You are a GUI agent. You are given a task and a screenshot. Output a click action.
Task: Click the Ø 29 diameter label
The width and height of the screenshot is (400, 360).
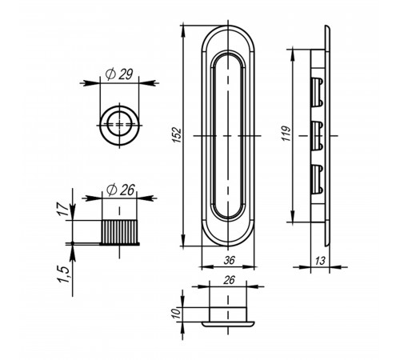coord(119,74)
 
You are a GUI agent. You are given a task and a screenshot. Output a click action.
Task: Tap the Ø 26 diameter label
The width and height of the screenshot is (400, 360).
coord(121,190)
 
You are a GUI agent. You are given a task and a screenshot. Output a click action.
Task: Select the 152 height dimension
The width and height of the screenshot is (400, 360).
coord(177,135)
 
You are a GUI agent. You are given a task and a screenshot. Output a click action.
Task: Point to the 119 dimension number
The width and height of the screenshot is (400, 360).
coord(286,133)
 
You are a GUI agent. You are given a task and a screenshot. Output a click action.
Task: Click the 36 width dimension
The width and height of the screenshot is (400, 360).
coord(230,260)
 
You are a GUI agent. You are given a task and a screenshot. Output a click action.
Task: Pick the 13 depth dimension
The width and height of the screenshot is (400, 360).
coord(320,261)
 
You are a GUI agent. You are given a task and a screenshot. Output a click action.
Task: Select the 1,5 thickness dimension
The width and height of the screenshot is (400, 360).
coord(63,274)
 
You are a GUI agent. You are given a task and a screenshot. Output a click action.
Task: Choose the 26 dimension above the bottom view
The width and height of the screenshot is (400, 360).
coord(229,280)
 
